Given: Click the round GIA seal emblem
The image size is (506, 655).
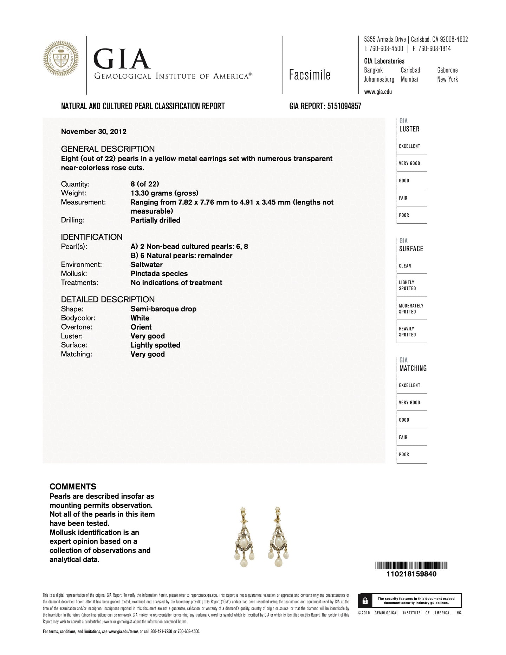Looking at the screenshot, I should point(61,59).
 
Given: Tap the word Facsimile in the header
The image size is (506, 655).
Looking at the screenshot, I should point(310,75).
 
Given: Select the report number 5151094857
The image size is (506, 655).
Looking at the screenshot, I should point(344,106).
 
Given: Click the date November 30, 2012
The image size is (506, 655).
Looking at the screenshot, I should point(94,131).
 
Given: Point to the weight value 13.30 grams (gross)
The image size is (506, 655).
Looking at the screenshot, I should point(164,193).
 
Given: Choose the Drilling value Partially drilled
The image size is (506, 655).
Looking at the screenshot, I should point(155,220).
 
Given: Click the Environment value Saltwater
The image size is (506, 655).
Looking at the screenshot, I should point(147,265).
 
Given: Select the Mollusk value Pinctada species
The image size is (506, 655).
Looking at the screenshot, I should point(159,274).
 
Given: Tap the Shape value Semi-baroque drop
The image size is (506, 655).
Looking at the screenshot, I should point(163,309).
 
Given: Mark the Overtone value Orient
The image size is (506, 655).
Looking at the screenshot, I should point(141,327).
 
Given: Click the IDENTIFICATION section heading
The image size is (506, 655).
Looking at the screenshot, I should point(92,237).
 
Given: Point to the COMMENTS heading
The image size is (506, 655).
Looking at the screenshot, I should point(73,487).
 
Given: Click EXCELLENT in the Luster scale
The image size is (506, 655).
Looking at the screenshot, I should point(409,146).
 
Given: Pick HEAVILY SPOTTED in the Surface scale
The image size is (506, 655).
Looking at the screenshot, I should point(407,332).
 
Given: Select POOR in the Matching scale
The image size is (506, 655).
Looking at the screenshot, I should point(404,454).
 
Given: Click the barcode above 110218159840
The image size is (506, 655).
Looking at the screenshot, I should point(411,565).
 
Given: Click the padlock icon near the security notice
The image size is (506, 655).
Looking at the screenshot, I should point(365,601).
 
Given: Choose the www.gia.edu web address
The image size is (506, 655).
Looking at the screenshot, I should point(378,92).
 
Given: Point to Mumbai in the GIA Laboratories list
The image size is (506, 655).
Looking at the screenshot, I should point(409,79).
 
